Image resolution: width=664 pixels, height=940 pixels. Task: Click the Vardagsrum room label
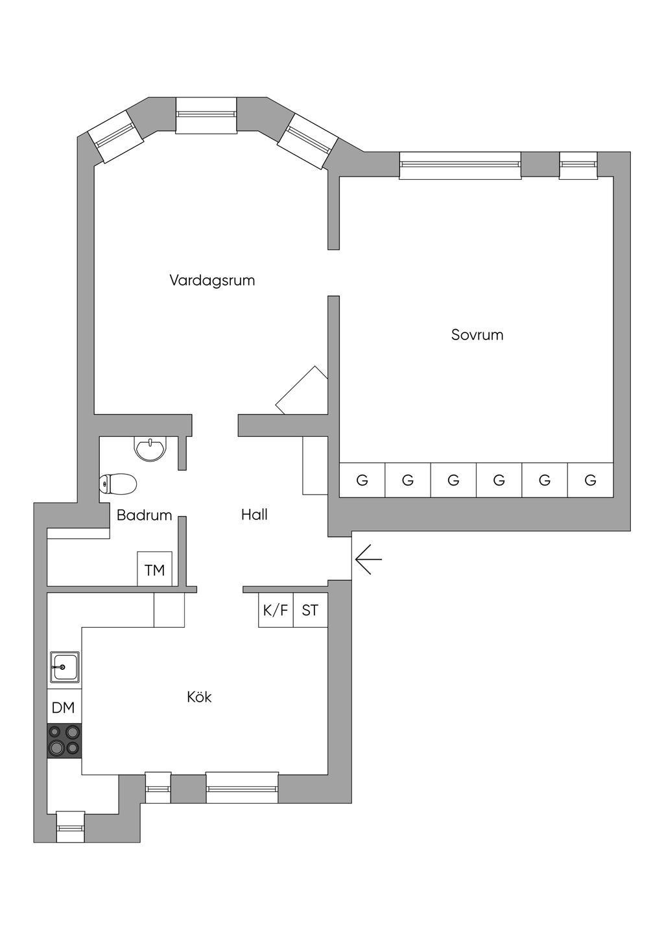point(212,280)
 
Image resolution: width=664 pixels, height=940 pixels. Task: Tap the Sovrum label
point(477,335)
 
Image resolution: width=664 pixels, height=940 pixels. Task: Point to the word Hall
point(254,515)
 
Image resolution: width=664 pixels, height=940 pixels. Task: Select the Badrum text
point(144,515)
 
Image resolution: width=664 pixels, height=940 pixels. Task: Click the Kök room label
point(199,697)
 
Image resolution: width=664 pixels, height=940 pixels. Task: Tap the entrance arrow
point(368,559)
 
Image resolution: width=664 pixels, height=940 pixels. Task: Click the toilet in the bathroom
point(119,484)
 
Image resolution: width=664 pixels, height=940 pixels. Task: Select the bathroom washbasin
point(150,448)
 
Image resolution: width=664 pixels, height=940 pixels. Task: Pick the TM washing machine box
point(154,570)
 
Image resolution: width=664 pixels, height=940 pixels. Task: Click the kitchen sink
point(65,667)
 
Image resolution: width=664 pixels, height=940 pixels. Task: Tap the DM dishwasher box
point(64,708)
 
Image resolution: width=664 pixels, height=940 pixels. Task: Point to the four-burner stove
point(64,741)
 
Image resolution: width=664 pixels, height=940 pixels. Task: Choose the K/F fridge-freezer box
point(276,610)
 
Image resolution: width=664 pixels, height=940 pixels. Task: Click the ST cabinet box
point(310,610)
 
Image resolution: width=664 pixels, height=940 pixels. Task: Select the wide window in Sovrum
point(460,165)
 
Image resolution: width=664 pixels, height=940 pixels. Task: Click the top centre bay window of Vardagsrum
point(206,115)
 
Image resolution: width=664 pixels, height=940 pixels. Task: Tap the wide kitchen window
point(242,787)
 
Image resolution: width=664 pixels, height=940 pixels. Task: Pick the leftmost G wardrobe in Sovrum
point(362,480)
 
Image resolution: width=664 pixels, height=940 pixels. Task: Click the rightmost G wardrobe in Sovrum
point(590,480)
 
